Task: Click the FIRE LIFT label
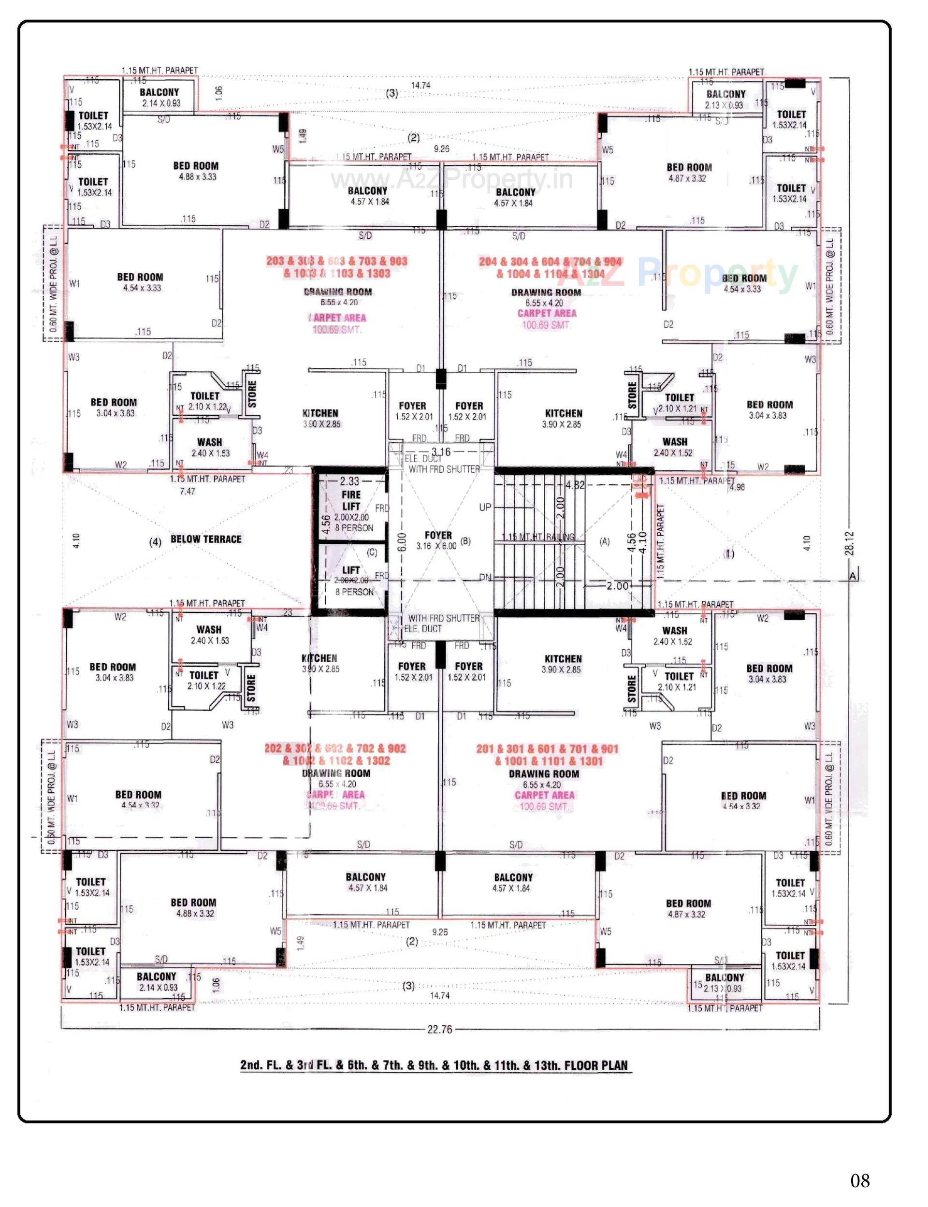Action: point(351,500)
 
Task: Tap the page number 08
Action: point(860,1181)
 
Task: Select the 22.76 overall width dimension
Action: point(440,1029)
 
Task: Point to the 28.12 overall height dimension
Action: point(850,542)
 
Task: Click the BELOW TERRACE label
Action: point(205,539)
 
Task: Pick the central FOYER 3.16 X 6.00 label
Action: point(438,540)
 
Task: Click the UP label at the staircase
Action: point(485,507)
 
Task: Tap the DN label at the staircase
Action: point(485,577)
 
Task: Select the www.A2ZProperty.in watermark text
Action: point(451,179)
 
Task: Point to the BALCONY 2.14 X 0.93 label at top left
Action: point(159,97)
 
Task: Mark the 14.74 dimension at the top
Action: point(420,85)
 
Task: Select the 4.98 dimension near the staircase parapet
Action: point(737,487)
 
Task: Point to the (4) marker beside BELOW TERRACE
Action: point(155,542)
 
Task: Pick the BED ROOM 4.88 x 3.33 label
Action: point(196,171)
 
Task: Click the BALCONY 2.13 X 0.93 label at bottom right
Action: point(724,983)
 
